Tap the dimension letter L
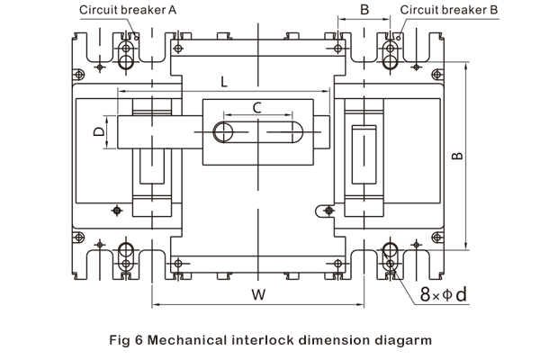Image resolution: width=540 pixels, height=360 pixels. pos(222,81)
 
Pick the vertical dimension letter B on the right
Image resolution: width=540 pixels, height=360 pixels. pos(457,155)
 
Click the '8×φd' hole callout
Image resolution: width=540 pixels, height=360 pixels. pos(444,294)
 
